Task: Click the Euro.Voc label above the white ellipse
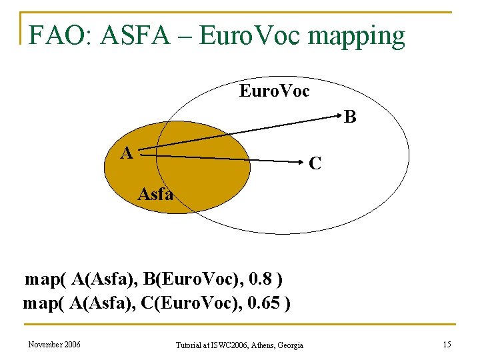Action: point(275,91)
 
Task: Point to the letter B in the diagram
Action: point(350,117)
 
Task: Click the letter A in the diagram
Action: point(126,153)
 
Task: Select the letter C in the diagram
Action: point(317,163)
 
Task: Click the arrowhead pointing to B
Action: point(337,119)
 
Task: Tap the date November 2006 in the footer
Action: point(54,344)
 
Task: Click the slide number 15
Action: point(446,344)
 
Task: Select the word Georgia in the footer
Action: point(288,345)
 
